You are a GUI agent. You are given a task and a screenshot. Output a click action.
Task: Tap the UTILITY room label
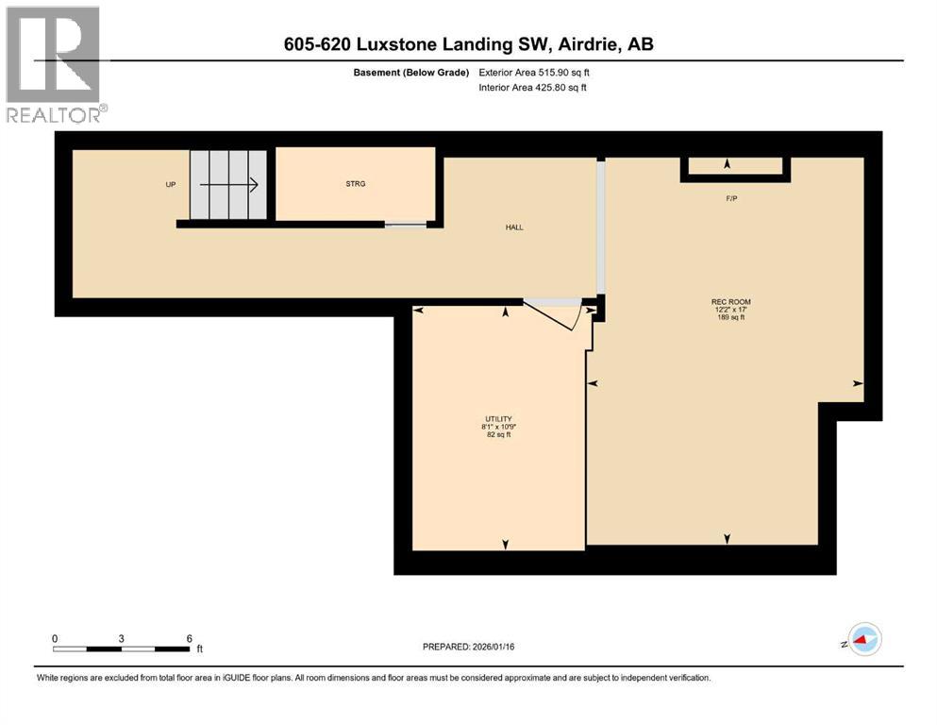498,419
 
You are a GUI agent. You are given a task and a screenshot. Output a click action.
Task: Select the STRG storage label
355,184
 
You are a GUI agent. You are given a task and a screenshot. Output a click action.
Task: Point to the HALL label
513,228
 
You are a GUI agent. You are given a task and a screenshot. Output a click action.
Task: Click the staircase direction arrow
228,185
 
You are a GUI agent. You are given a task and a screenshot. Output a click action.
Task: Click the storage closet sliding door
405,225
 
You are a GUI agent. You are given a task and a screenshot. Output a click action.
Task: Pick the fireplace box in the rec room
735,167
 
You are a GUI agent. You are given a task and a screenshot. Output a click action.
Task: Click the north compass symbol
862,639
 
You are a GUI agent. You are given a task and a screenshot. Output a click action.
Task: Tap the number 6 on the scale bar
189,638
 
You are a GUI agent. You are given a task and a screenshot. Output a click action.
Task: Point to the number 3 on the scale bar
122,638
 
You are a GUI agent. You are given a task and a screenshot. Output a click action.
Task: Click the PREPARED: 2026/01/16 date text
477,647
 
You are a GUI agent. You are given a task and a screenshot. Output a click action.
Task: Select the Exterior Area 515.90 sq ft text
534,72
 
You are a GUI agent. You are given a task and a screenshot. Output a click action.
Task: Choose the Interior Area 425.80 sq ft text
532,88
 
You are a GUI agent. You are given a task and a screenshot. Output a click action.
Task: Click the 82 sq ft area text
498,435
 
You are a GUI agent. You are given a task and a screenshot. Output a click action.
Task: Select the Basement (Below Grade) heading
410,72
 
